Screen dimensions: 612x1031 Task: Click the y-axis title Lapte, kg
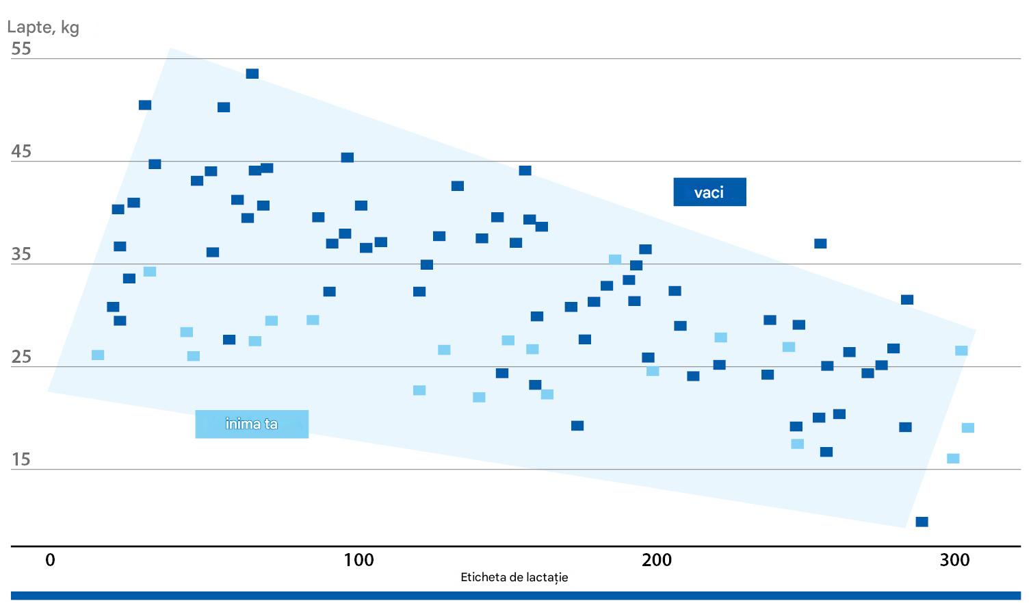coord(42,27)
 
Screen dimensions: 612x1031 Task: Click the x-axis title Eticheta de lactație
coord(514,577)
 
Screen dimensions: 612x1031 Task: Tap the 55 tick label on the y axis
coord(21,49)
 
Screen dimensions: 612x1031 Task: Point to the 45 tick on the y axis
coord(21,151)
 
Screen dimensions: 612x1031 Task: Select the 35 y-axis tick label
coord(21,255)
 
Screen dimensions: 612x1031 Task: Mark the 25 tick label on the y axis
coord(21,357)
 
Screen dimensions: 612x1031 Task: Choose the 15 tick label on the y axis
coord(21,459)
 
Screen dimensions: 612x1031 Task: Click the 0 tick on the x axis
coord(50,560)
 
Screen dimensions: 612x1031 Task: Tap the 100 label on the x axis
coord(358,560)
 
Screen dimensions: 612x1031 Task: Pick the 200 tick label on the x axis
coord(657,560)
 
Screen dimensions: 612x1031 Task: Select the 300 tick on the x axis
coord(955,560)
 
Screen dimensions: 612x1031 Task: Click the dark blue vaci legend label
coord(709,192)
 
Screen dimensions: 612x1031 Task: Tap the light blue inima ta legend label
coord(252,424)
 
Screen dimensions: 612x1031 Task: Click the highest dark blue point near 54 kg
coord(252,74)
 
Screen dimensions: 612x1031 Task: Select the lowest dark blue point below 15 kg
coord(922,522)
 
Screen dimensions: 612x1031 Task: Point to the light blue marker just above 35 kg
coord(615,259)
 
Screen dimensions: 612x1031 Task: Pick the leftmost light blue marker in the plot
coord(98,355)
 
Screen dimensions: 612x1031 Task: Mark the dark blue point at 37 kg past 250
coord(820,244)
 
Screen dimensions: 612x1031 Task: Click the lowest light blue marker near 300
coord(953,459)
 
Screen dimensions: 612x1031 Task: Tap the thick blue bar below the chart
coord(515,596)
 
